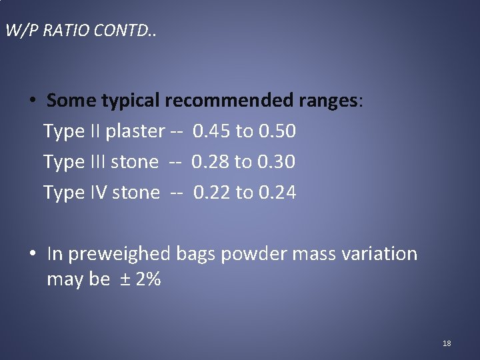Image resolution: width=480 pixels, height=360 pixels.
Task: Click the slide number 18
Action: click(447, 343)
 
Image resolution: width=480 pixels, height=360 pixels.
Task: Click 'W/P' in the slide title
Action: click(19, 31)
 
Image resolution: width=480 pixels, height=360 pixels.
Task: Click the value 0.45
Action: click(211, 131)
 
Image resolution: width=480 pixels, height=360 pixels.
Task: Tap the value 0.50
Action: click(277, 131)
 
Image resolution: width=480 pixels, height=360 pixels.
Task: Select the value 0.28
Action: click(210, 162)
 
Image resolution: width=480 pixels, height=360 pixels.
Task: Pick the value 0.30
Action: click(277, 162)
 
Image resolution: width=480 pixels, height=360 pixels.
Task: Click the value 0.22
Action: click(213, 193)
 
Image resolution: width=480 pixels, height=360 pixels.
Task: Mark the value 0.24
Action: click(278, 193)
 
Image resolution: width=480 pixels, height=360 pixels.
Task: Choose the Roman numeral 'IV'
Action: click(97, 193)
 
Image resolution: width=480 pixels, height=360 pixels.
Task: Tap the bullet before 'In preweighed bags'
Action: click(32, 254)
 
